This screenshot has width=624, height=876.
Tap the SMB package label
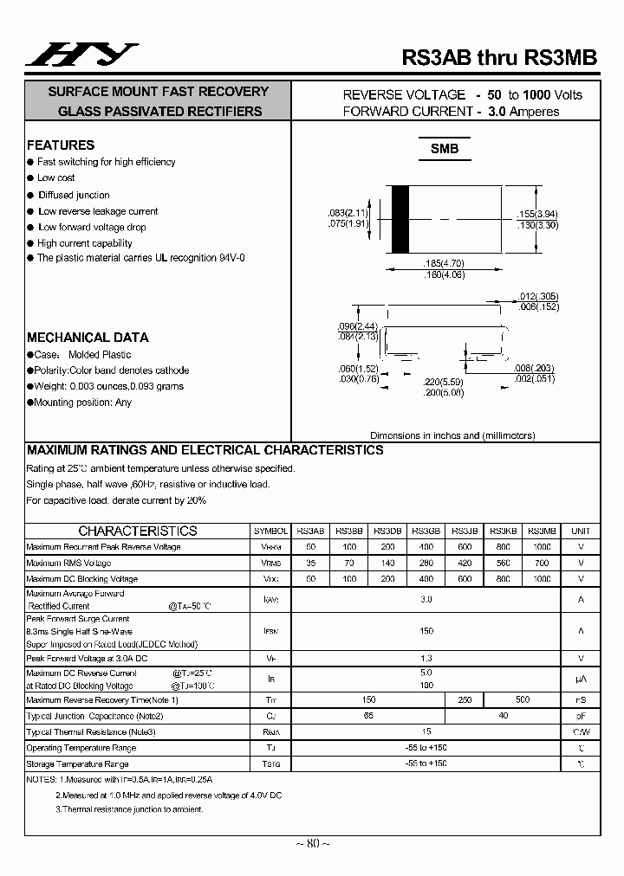point(445,149)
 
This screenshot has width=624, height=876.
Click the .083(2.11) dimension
point(349,213)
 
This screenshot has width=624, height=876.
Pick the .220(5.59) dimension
point(443,381)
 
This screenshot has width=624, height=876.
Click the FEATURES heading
point(61,145)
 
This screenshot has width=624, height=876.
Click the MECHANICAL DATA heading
point(88,338)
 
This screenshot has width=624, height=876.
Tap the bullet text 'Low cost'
point(56,178)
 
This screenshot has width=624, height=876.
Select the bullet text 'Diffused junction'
point(74,195)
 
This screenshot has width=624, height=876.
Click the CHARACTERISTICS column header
point(138,531)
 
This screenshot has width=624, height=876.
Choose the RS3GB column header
point(426,531)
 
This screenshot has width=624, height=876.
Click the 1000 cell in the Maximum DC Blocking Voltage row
point(542,579)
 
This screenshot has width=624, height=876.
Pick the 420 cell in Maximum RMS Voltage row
point(464,564)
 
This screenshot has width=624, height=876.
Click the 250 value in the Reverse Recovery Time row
point(464,699)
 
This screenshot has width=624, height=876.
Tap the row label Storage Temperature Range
point(77,764)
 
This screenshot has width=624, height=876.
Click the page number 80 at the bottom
point(312,843)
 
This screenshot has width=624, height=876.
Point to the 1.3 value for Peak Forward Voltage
point(426,659)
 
